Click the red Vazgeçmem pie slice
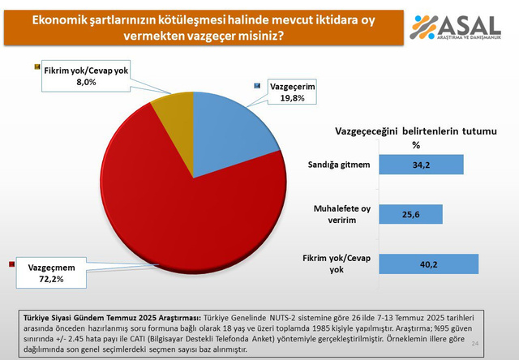(162, 203)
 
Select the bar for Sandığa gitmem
(421, 165)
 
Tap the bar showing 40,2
(429, 264)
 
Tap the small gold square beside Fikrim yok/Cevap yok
(36, 66)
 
